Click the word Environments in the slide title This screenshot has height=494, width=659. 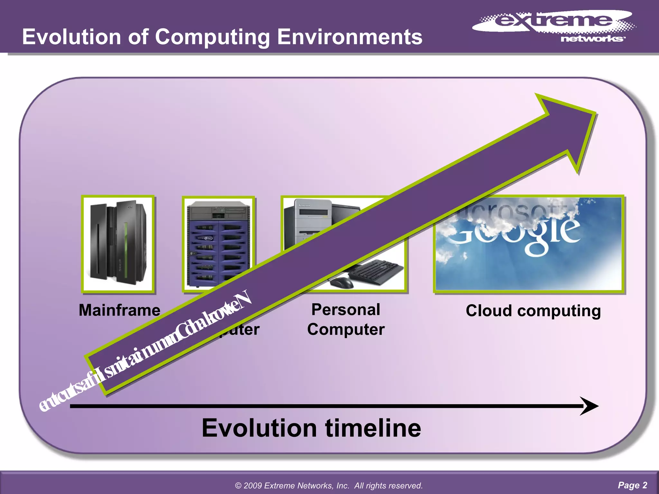tap(349, 37)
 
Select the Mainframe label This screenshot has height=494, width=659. tap(119, 310)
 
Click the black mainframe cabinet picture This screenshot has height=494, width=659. tap(118, 244)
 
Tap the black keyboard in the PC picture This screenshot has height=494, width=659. tap(376, 272)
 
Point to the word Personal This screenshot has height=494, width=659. tap(346, 310)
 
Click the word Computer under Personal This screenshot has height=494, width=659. tap(346, 329)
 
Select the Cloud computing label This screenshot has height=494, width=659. tap(533, 311)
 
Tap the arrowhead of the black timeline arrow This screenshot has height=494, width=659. tap(589, 406)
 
